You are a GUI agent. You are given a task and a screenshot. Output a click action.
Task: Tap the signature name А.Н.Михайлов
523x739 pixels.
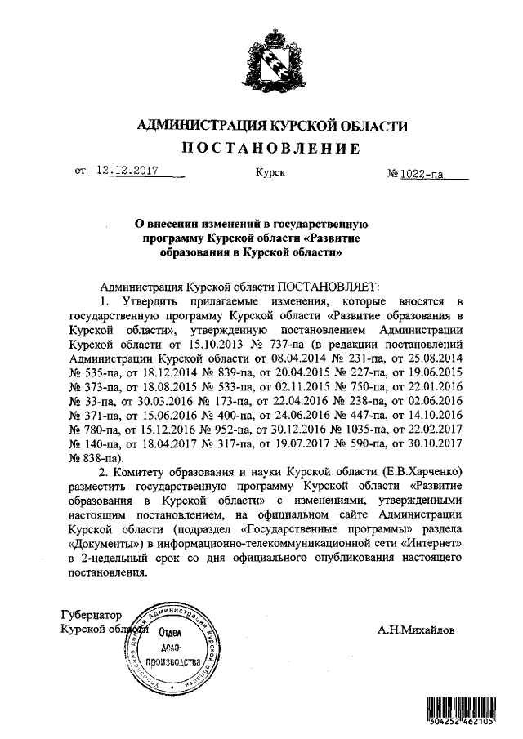(x=418, y=630)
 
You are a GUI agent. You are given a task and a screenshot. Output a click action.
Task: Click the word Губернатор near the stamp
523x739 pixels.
(x=91, y=614)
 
